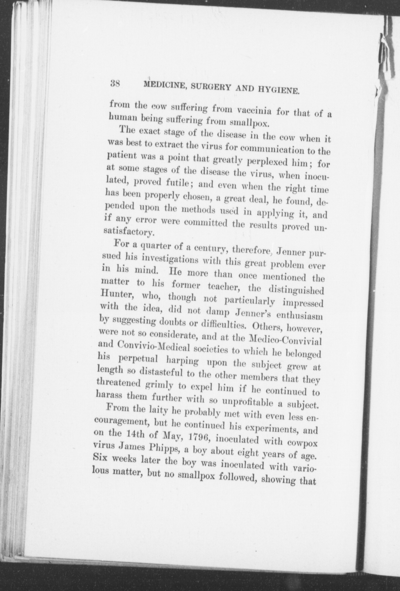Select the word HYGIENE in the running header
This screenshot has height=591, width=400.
point(278,91)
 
